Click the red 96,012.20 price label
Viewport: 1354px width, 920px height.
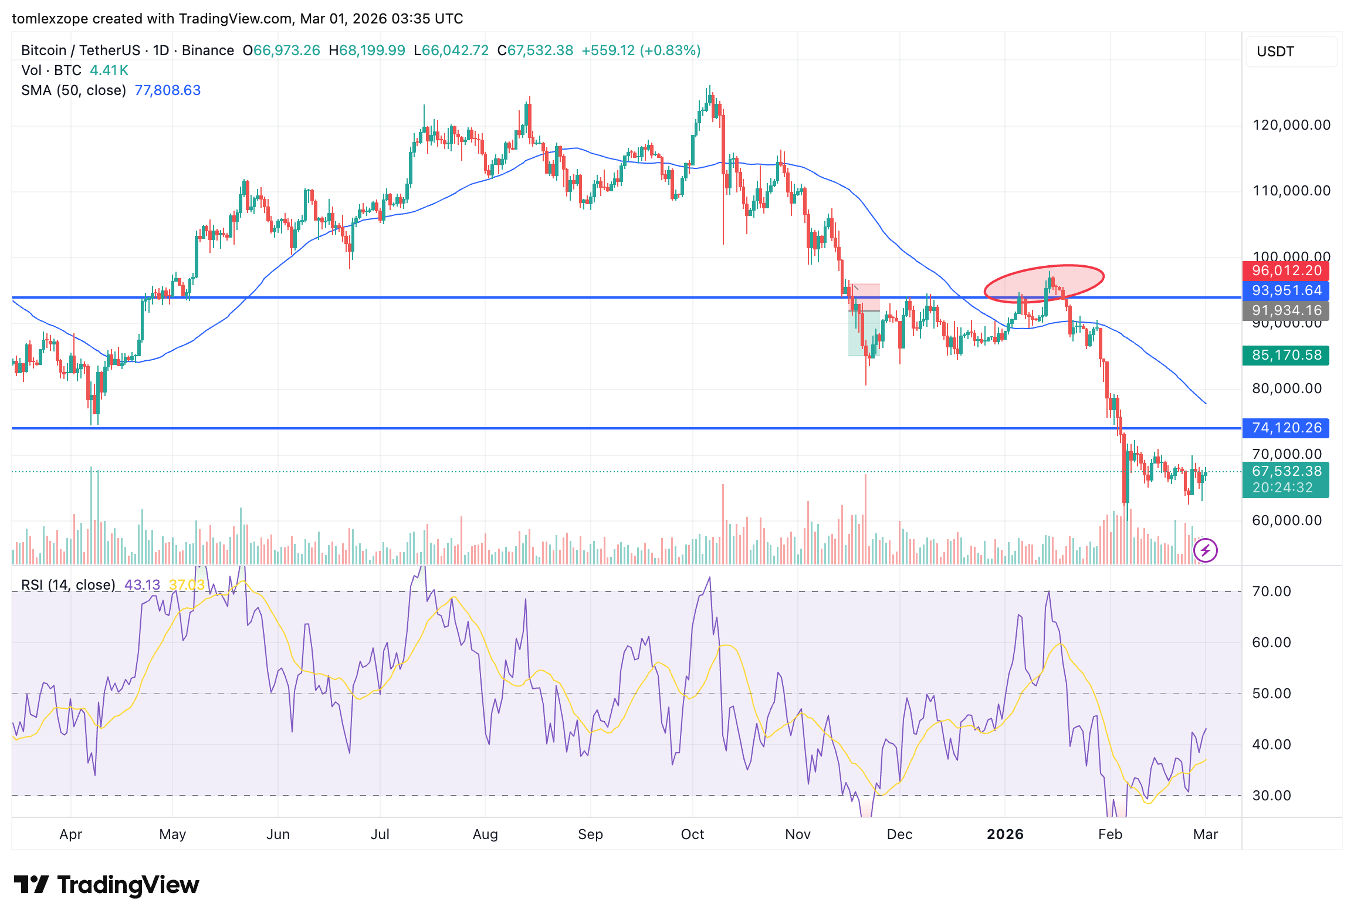[x=1286, y=271]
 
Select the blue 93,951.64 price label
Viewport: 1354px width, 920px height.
[x=1286, y=291]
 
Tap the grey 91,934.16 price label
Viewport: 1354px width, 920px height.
[x=1286, y=311]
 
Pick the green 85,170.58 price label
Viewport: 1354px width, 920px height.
[x=1286, y=356]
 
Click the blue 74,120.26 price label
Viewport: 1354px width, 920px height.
[x=1286, y=428]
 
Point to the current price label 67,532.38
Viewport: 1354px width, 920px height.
[x=1286, y=472]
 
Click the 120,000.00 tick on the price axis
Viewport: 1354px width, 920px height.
[x=1291, y=125]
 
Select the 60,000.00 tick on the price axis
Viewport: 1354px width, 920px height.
[x=1287, y=520]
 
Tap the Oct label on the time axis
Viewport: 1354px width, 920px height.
[x=692, y=834]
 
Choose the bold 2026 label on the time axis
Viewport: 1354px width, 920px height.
[x=1005, y=834]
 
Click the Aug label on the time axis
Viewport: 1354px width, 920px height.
[x=485, y=834]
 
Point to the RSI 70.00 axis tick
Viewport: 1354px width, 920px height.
[x=1271, y=591]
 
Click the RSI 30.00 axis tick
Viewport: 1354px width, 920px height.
[x=1271, y=796]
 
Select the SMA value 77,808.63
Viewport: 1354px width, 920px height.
[x=168, y=90]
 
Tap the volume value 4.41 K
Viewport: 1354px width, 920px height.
[x=109, y=70]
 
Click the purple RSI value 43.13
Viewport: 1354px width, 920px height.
[x=143, y=585]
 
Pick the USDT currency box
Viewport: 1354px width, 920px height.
[x=1291, y=52]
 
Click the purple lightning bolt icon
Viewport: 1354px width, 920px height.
[x=1206, y=550]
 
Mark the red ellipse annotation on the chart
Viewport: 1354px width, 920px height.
[x=1044, y=284]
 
